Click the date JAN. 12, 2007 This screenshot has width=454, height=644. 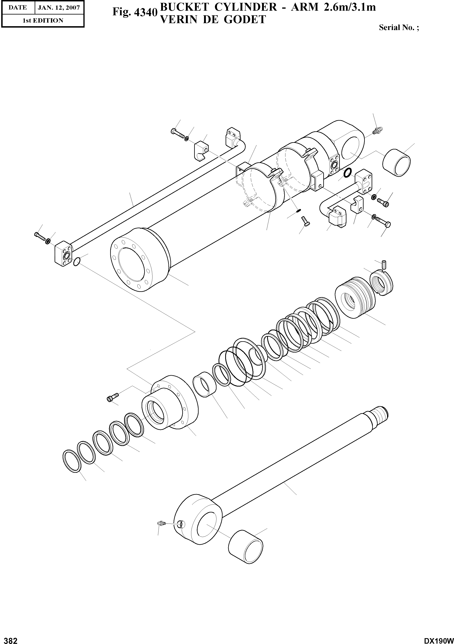pos(59,8)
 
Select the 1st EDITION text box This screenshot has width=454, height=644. pos(43,21)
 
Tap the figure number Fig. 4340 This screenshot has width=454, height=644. pos(134,12)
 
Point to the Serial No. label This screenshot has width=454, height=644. pos(398,27)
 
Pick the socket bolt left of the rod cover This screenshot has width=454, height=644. pos(112,397)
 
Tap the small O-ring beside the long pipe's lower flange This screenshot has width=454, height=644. pos(77,262)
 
